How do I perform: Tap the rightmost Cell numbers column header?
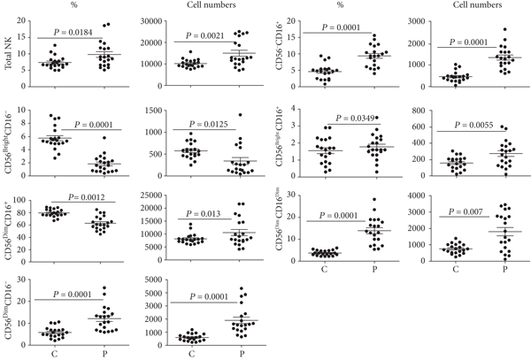click(x=471, y=5)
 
